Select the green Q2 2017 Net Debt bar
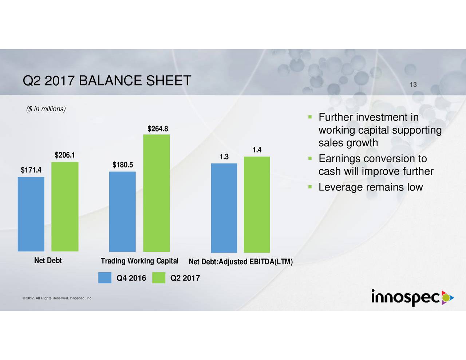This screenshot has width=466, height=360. [x=65, y=206]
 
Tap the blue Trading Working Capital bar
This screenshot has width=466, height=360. [x=122, y=211]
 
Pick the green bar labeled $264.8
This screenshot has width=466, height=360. [x=157, y=193]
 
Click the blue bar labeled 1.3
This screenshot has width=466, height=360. [x=224, y=208]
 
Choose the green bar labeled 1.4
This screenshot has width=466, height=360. [x=257, y=204]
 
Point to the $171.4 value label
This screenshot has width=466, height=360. [x=31, y=170]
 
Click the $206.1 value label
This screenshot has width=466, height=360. [x=65, y=155]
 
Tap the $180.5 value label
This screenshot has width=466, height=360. [x=123, y=165]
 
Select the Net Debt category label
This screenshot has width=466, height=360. [x=48, y=261]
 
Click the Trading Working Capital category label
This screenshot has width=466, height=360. [x=139, y=261]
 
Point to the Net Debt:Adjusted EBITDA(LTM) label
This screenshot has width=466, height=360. [x=241, y=262]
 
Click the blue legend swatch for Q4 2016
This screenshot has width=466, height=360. [x=105, y=278]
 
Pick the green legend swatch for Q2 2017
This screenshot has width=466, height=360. [x=159, y=278]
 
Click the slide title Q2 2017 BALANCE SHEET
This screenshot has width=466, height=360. [x=107, y=81]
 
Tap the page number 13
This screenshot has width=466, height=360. [x=413, y=85]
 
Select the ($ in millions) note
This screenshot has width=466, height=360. [x=46, y=109]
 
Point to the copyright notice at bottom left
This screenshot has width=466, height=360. [x=57, y=298]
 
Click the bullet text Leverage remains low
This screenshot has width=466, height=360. [x=370, y=187]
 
